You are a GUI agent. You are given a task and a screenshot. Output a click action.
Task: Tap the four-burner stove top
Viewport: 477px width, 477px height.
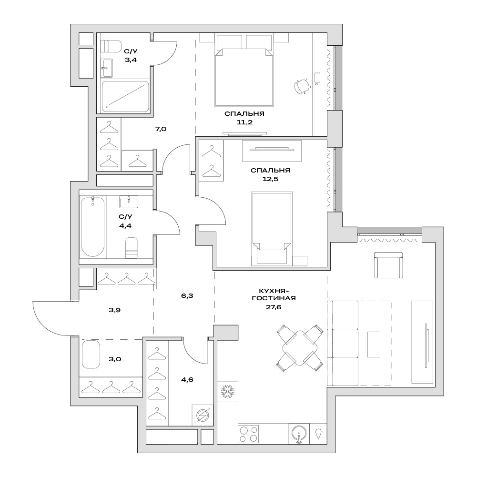[249, 434]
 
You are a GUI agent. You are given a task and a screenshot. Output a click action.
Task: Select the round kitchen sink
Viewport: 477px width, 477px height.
[299, 434]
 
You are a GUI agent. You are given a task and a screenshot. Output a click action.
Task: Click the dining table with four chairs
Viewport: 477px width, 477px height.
[300, 348]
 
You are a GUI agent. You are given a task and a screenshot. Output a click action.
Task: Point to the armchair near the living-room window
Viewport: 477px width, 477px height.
[388, 265]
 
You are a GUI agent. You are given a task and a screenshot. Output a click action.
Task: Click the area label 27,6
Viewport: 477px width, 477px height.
[274, 307]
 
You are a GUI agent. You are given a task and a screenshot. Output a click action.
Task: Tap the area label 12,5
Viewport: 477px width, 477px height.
[271, 179]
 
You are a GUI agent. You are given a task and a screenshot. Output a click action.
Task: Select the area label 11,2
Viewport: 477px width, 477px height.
[244, 122]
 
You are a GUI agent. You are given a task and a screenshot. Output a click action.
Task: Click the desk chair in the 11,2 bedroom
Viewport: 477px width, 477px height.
[302, 86]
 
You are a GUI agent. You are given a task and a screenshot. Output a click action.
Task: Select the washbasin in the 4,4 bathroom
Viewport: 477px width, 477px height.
[128, 202]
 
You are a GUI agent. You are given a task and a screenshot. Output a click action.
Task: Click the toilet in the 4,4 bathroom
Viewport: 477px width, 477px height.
[132, 248]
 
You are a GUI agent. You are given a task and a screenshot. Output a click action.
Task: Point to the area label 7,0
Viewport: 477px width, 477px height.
[161, 129]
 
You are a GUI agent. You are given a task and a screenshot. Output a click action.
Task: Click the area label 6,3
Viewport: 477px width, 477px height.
[187, 296]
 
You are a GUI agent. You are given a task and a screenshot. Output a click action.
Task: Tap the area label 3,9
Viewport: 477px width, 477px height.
[115, 310]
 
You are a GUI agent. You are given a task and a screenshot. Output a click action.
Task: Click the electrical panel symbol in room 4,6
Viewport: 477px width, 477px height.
[203, 415]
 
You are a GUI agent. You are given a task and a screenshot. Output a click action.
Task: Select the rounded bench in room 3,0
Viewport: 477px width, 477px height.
[91, 355]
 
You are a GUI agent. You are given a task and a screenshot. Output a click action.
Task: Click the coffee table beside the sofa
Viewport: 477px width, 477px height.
[374, 345]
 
